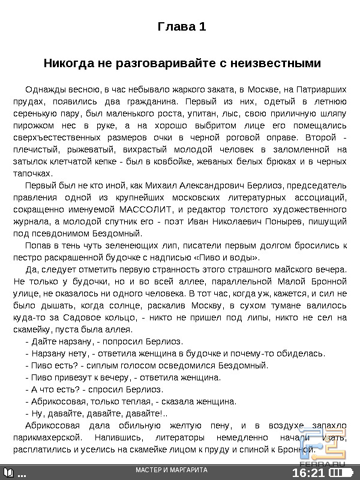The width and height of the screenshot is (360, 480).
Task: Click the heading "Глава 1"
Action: (x=181, y=27)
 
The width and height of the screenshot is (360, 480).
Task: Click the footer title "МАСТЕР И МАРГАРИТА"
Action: (x=172, y=470)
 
